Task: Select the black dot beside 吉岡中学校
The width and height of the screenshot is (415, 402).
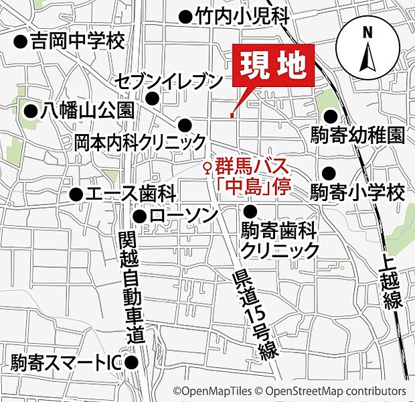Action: coord(20,42)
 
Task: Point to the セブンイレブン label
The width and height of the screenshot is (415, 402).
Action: coord(168,82)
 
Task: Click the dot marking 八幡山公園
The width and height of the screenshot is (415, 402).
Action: coord(29,111)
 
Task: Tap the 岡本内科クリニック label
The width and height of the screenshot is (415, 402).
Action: coord(140,142)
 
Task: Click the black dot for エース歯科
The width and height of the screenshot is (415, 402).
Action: coord(76,195)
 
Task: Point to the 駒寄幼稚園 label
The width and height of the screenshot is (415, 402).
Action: coord(357,135)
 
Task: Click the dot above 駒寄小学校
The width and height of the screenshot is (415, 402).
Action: coord(329,172)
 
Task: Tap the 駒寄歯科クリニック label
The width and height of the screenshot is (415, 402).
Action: coord(279,241)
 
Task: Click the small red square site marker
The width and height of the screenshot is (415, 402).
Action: coord(232,116)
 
